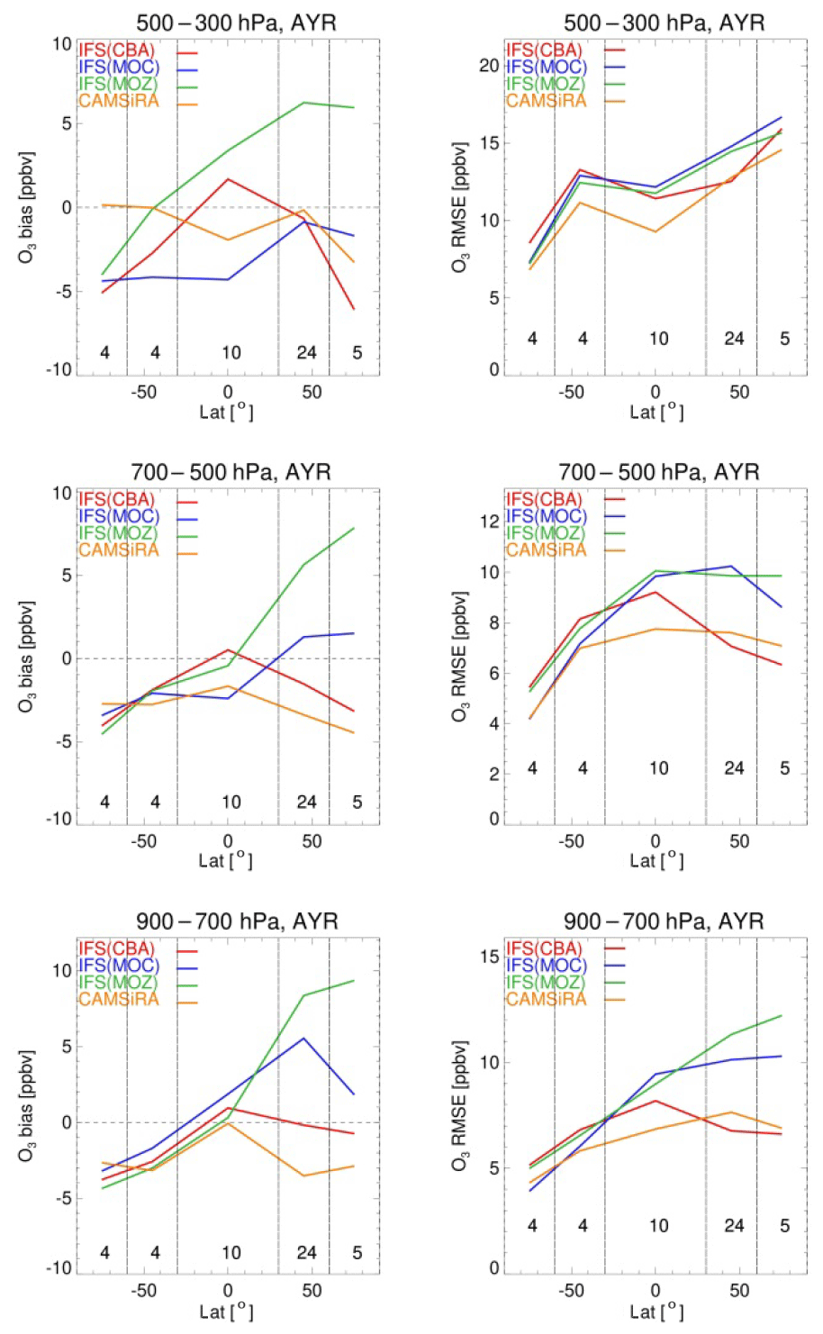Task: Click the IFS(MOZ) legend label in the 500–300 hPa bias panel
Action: pyautogui.click(x=118, y=84)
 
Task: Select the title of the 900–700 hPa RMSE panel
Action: pyautogui.click(x=664, y=921)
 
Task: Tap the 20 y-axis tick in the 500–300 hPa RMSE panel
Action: pyautogui.click(x=489, y=66)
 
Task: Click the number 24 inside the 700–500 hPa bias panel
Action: pyautogui.click(x=307, y=802)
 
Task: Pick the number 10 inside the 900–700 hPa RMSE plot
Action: pyautogui.click(x=659, y=1225)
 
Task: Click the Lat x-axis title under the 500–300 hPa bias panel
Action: pyautogui.click(x=226, y=413)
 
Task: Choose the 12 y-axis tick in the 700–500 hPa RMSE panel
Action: pyautogui.click(x=489, y=521)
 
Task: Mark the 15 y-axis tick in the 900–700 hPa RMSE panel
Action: pyautogui.click(x=489, y=957)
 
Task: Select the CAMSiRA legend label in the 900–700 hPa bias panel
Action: pyautogui.click(x=118, y=999)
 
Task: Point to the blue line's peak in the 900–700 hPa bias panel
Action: pyautogui.click(x=304, y=1038)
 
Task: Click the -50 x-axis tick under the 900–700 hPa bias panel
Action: pyautogui.click(x=143, y=1291)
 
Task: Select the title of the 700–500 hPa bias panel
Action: pyautogui.click(x=231, y=472)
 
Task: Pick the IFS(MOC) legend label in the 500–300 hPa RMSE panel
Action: pyautogui.click(x=546, y=67)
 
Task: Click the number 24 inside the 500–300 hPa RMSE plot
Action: pyautogui.click(x=735, y=339)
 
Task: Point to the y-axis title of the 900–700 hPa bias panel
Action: pyautogui.click(x=26, y=1106)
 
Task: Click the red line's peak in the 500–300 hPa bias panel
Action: pyautogui.click(x=228, y=179)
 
